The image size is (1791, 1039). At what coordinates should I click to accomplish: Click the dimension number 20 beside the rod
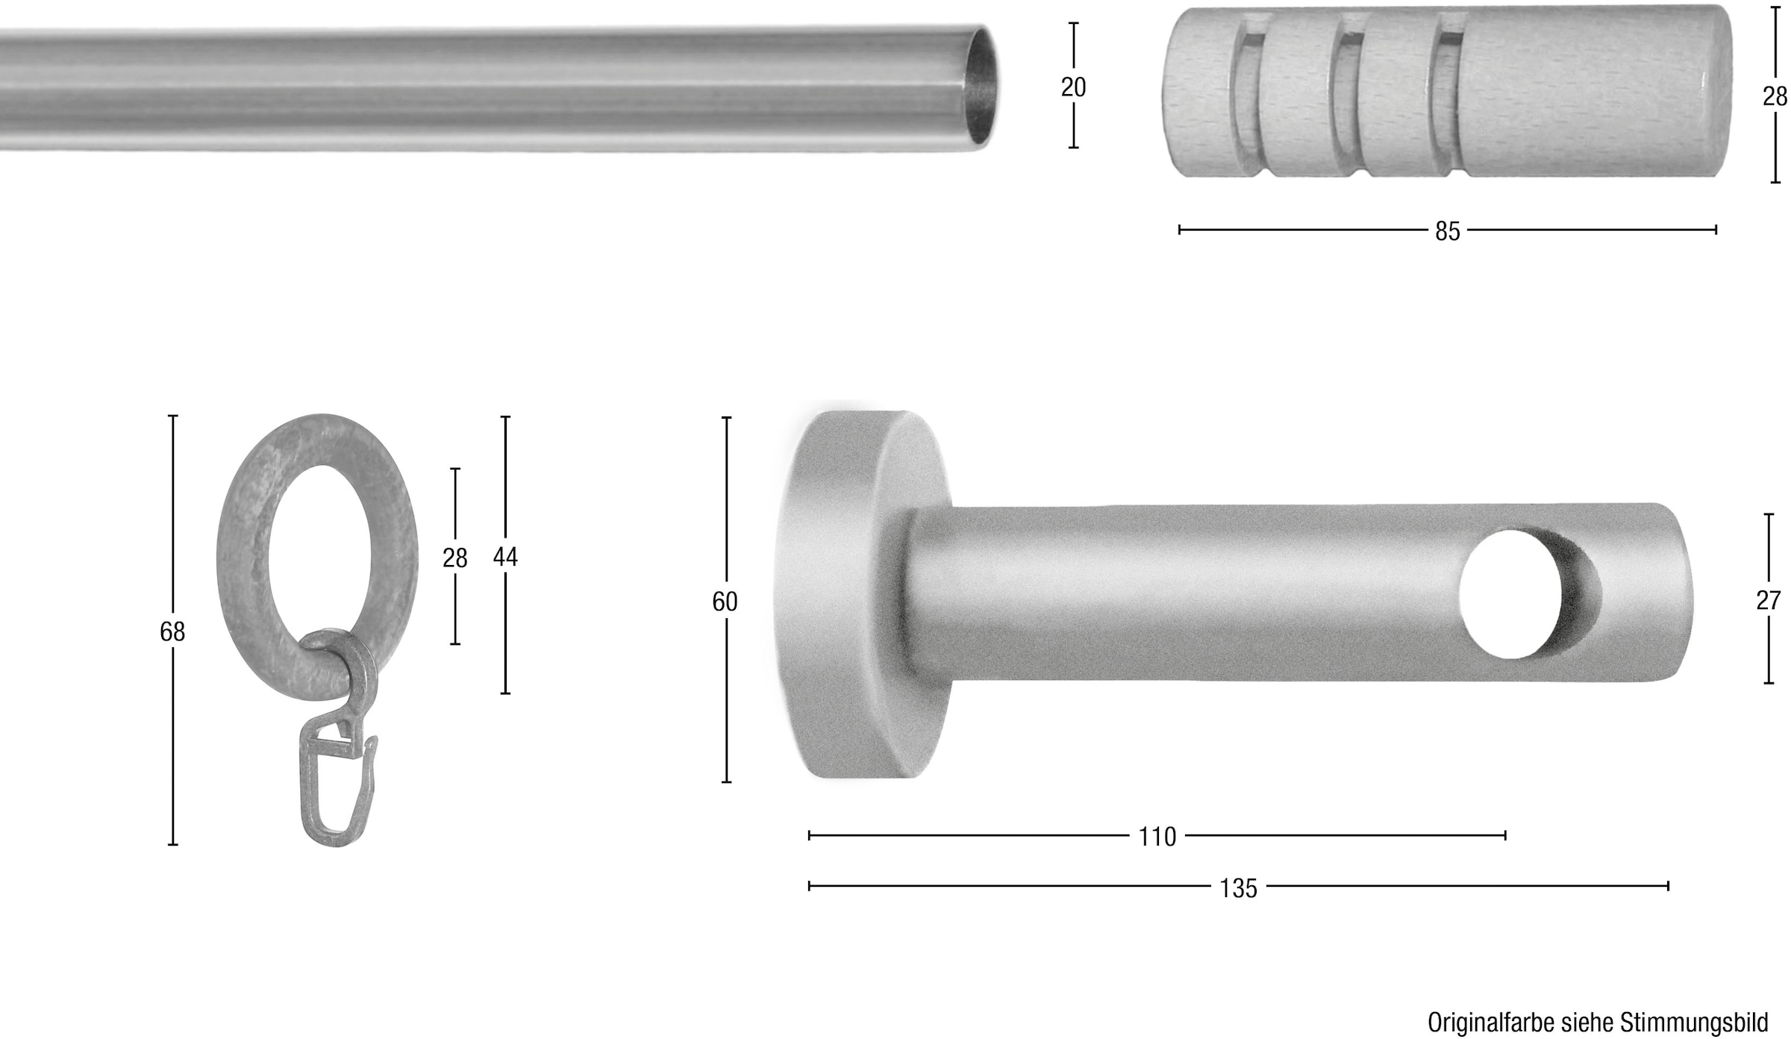pos(1073,87)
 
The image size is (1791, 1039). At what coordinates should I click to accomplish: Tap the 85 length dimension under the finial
pos(1447,231)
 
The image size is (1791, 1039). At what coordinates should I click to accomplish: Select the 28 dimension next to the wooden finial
pos(1775,96)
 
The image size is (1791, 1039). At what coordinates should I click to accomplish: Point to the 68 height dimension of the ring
pos(172,631)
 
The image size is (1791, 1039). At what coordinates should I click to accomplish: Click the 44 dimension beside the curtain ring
pos(505,557)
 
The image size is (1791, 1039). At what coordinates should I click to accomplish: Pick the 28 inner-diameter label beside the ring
pos(454,558)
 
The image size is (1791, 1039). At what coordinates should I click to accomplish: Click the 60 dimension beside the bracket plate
pos(725,602)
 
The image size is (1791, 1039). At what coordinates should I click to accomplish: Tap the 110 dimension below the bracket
pos(1157,837)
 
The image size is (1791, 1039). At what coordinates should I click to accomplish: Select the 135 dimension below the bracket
pos(1238,888)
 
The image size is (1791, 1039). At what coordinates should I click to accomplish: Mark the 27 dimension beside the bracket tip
pos(1768,600)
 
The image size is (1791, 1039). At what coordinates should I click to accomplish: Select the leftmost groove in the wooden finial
pos(1243,97)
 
